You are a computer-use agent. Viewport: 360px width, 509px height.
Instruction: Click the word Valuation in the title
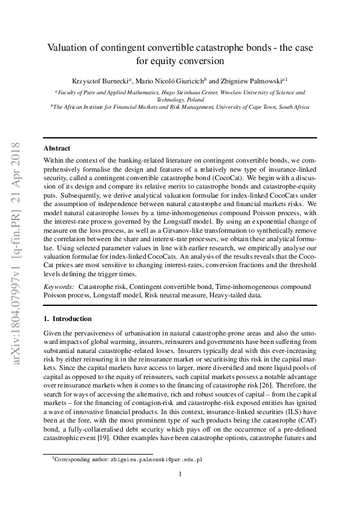68,48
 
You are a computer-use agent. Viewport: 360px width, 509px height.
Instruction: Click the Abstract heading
57,148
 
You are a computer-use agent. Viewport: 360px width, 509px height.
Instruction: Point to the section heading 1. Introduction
68,319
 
